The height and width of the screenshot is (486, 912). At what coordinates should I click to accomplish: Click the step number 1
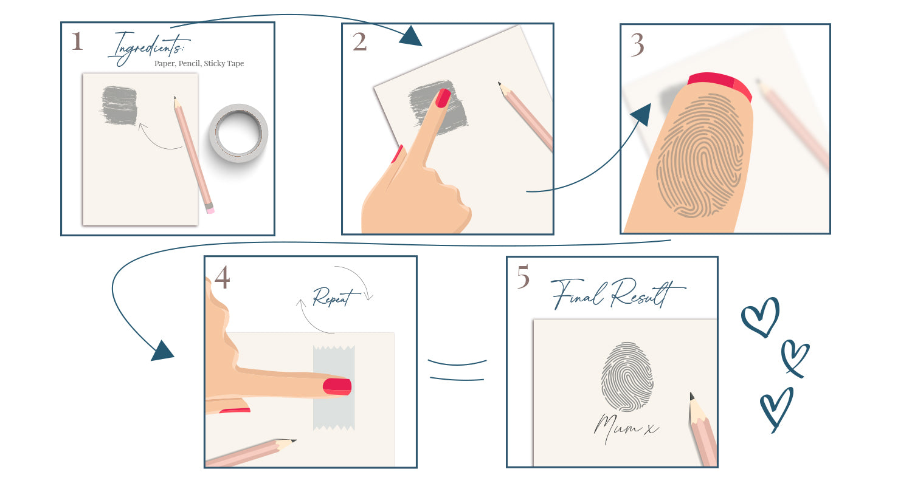tap(77, 41)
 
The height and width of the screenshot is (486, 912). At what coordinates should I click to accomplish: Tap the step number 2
tap(359, 42)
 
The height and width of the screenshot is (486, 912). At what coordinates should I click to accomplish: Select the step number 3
tap(637, 45)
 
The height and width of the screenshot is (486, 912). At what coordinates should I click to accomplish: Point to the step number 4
tap(223, 278)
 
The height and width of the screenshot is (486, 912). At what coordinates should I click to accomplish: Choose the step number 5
tap(523, 276)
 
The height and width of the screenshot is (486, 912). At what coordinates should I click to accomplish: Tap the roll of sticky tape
tap(238, 133)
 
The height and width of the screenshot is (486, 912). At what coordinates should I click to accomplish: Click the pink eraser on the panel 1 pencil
tap(210, 210)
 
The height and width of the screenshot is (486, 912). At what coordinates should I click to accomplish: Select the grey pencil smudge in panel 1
tap(119, 105)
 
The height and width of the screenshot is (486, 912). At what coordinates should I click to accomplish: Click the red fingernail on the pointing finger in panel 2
tap(443, 98)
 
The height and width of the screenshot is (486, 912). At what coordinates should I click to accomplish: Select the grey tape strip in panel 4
tap(334, 388)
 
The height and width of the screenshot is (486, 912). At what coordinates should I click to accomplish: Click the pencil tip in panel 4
tap(293, 440)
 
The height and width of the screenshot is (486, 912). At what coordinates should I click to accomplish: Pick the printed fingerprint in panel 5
tap(627, 377)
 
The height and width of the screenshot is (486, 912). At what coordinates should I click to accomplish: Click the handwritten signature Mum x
tap(625, 428)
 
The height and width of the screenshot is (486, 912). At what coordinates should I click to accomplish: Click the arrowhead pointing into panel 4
tap(162, 351)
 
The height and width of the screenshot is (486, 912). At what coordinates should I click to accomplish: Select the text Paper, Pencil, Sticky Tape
tap(199, 63)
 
